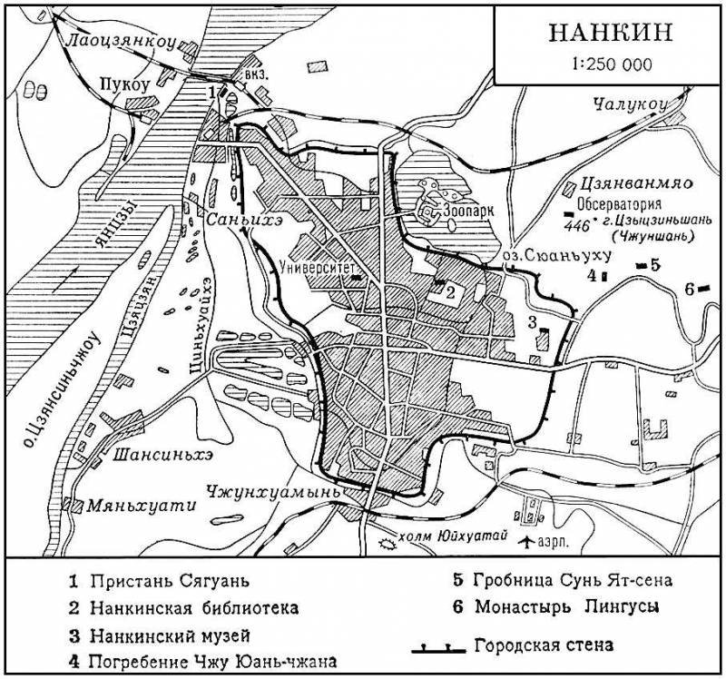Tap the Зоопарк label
pos(470,209)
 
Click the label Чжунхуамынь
pos(272,491)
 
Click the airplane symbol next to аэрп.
pos(525,542)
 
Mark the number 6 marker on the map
pos(689,289)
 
